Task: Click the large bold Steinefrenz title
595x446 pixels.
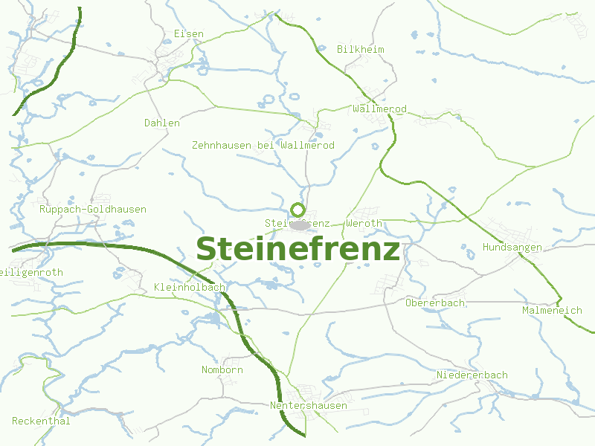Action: tap(297, 250)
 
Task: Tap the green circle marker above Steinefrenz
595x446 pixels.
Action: tap(298, 210)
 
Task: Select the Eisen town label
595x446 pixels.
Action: tap(188, 34)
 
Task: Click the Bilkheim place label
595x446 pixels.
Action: tap(361, 50)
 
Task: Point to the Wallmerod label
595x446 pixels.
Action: tap(380, 109)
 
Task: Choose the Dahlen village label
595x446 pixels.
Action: tap(162, 123)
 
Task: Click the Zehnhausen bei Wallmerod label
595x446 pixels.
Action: tap(263, 146)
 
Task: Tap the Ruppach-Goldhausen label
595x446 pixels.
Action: tap(93, 210)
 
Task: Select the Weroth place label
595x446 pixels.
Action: tap(364, 224)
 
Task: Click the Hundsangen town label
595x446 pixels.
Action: tap(512, 248)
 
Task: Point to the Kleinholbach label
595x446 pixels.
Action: tap(190, 288)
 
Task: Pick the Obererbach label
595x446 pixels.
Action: tap(436, 303)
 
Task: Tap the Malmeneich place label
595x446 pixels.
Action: tap(552, 311)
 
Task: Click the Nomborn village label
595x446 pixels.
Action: tap(222, 370)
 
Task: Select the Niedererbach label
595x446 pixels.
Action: tap(472, 375)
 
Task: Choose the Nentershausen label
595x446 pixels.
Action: tap(309, 406)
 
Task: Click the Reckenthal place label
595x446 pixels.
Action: tap(41, 421)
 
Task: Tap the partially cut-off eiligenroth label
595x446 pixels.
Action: tap(32, 273)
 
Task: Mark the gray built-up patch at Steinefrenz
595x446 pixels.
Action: tap(300, 224)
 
